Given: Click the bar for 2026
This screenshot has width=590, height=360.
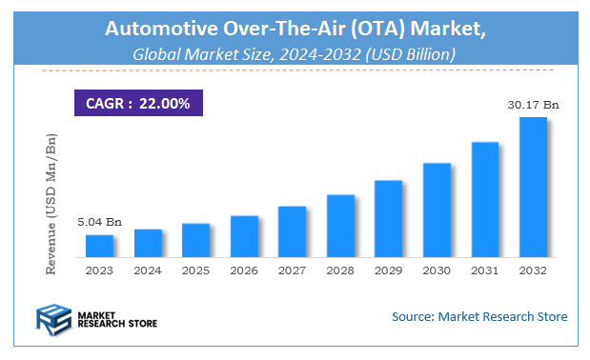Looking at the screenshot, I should (x=244, y=237).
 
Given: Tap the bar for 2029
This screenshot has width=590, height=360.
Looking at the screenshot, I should (x=388, y=219).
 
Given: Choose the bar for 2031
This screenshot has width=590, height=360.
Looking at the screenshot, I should (x=485, y=200).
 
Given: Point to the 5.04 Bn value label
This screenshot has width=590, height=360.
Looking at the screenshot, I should (x=99, y=222).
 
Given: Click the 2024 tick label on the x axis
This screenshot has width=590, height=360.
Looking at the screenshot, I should (x=148, y=270).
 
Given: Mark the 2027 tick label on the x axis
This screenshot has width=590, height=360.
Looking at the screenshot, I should (x=293, y=270).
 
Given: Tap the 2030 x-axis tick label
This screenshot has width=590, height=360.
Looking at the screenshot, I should (x=437, y=270).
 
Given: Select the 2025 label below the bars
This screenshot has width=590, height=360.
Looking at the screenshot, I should (x=195, y=270).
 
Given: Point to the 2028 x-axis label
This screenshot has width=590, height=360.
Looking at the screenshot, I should (x=340, y=270).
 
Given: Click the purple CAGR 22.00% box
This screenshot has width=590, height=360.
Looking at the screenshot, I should (x=138, y=101).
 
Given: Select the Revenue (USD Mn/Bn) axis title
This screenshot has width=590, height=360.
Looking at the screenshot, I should (x=51, y=205).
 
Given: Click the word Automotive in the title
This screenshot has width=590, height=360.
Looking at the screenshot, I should (x=162, y=30).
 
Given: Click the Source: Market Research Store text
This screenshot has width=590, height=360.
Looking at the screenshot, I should (x=479, y=316).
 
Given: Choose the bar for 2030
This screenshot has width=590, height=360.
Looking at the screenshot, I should (x=437, y=210).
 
